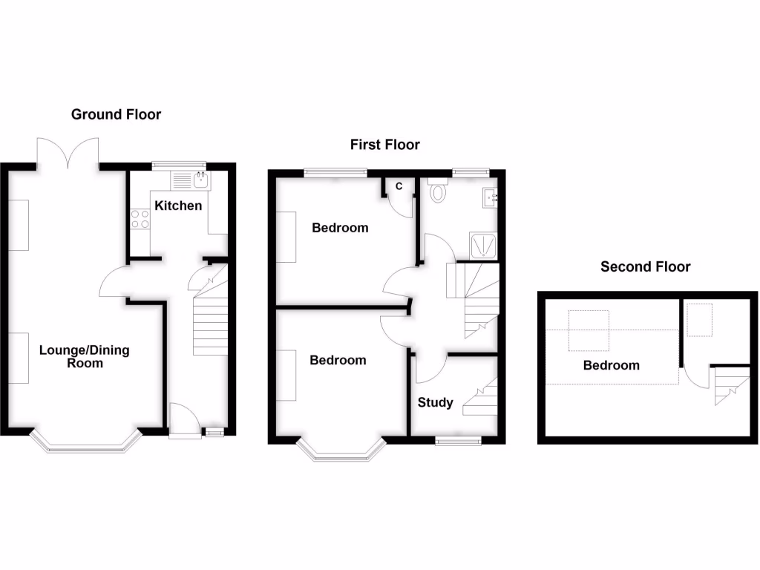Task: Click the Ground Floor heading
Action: coord(116,114)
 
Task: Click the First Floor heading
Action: coord(384,145)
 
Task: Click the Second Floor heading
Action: coord(645,266)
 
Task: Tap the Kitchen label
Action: coord(177,206)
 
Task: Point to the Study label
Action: coord(435,403)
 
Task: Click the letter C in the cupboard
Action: coord(399,187)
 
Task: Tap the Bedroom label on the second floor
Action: coord(611,365)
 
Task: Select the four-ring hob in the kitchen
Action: coord(140,219)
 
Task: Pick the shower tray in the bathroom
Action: coord(482,246)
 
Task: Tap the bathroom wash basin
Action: coord(489,198)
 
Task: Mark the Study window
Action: coord(458,441)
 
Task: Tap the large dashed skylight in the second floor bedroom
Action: coord(589,330)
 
